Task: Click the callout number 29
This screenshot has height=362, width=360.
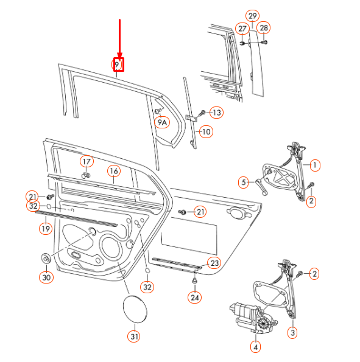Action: click(252, 15)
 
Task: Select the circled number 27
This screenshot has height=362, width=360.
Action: click(242, 29)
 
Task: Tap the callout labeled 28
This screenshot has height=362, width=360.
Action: click(263, 28)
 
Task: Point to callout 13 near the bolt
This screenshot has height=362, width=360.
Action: click(217, 113)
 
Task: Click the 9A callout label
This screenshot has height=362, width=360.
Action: click(162, 122)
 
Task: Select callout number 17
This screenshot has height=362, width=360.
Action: click(86, 161)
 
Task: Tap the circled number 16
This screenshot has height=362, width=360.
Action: click(113, 171)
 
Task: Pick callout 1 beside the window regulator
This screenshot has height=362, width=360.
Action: click(314, 164)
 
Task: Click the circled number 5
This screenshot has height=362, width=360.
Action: click(243, 182)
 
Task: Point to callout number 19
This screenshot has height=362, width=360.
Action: click(45, 229)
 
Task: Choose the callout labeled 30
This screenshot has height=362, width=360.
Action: click(46, 277)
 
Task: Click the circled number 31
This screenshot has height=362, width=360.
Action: click(133, 335)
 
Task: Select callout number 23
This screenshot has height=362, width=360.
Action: click(213, 263)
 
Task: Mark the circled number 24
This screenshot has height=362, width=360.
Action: click(194, 298)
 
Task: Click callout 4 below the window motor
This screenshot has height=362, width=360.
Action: click(255, 347)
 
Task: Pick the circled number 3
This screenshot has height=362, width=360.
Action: click(292, 332)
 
